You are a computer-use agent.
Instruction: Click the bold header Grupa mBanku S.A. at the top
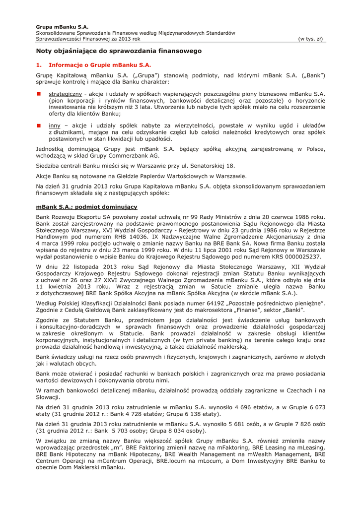point(62,27)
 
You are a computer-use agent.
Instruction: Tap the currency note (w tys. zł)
point(311,39)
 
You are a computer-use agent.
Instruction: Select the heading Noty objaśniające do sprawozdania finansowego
point(119,51)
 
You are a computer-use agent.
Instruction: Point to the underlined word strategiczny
point(66,93)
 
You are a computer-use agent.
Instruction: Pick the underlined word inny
point(55,126)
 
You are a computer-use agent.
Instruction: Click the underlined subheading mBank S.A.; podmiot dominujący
point(87,206)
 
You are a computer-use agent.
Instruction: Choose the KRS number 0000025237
point(300,257)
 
